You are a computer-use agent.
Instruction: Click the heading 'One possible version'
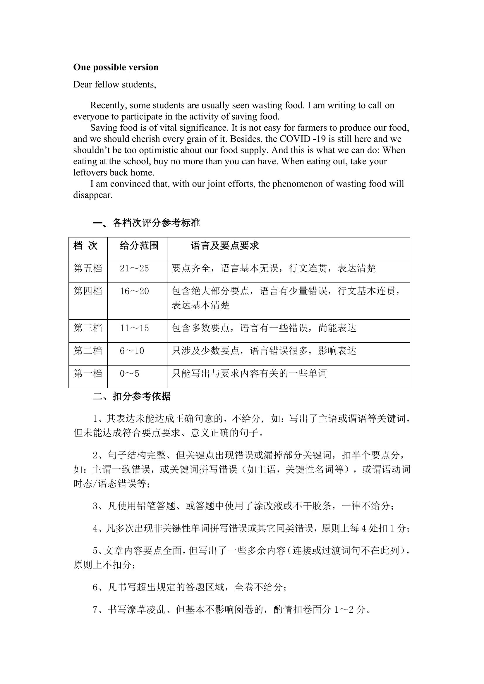pyautogui.click(x=116, y=67)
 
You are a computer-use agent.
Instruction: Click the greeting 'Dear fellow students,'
pyautogui.click(x=114, y=85)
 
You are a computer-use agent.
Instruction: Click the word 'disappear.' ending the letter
pyautogui.click(x=93, y=195)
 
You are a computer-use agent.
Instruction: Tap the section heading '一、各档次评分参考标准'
pyautogui.click(x=146, y=223)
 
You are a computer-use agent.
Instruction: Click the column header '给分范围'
pyautogui.click(x=139, y=246)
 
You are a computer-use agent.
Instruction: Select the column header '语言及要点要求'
pyautogui.click(x=225, y=246)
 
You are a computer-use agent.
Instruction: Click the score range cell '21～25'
pyautogui.click(x=134, y=268)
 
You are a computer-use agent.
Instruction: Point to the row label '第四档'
pyautogui.click(x=87, y=291)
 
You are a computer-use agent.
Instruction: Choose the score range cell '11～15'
pyautogui.click(x=134, y=328)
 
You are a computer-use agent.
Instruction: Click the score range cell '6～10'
pyautogui.click(x=132, y=351)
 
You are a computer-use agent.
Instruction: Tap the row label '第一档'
pyautogui.click(x=87, y=373)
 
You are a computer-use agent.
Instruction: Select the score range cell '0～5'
pyautogui.click(x=129, y=373)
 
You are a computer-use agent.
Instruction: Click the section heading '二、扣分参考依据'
pyautogui.click(x=132, y=397)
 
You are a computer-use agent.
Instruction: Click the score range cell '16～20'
pyautogui.click(x=134, y=291)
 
